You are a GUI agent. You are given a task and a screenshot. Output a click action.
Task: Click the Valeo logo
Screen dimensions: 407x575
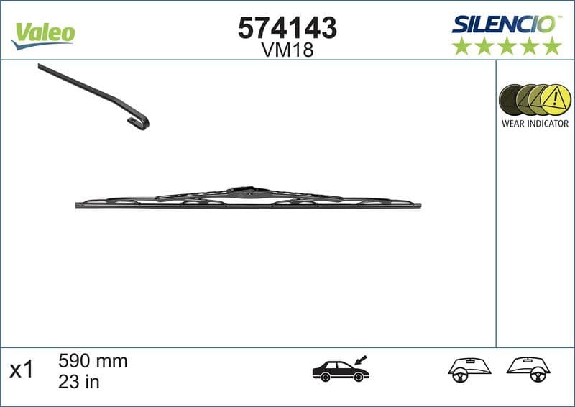(x=43, y=33)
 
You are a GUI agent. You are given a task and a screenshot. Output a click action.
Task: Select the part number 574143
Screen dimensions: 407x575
(x=287, y=28)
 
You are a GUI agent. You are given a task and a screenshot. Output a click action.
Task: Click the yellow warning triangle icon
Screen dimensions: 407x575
(x=555, y=100)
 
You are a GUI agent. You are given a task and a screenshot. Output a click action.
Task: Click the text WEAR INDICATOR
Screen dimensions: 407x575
(x=535, y=124)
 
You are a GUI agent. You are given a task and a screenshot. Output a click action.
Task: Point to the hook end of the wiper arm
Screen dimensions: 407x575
(x=139, y=123)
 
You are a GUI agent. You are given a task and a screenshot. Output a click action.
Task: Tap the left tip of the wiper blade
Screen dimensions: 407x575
(x=78, y=205)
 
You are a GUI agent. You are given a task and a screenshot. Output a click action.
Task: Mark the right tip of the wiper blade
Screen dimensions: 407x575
(x=419, y=206)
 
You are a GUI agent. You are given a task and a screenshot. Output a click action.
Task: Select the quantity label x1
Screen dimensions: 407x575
(x=22, y=370)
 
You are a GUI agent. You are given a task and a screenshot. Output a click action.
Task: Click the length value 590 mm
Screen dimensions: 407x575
(x=92, y=361)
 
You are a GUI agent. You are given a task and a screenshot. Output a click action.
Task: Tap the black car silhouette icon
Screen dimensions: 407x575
(x=340, y=370)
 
